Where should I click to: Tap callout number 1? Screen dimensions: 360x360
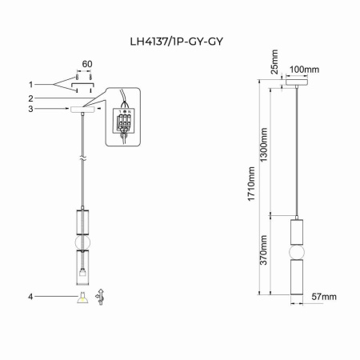tap(30, 84)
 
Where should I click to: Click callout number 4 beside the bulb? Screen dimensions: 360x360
tap(30, 297)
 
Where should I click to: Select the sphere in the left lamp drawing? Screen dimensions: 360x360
tap(82, 242)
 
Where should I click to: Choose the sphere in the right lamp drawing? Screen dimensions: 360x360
tap(297, 251)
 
